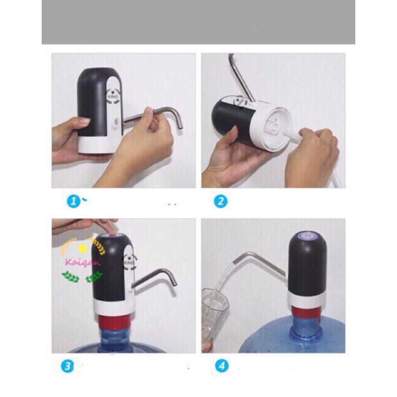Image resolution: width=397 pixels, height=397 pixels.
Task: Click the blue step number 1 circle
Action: (x=73, y=201)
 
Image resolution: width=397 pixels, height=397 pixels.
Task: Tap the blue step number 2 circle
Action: (x=220, y=201)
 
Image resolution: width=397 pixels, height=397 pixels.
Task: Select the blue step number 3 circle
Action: (x=67, y=366)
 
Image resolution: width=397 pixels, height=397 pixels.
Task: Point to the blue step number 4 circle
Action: (x=222, y=366)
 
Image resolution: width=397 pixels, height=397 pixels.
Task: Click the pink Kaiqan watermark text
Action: (x=82, y=263)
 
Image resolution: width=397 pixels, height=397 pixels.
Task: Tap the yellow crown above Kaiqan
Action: (x=82, y=248)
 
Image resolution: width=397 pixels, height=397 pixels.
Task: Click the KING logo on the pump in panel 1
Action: (x=112, y=96)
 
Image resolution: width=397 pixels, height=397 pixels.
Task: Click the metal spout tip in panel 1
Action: (x=180, y=126)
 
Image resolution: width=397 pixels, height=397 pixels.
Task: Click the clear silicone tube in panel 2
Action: (x=294, y=136)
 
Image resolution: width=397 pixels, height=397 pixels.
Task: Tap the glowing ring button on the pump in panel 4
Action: (x=308, y=236)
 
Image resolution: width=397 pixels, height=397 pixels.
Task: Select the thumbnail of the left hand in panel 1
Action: (x=85, y=121)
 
